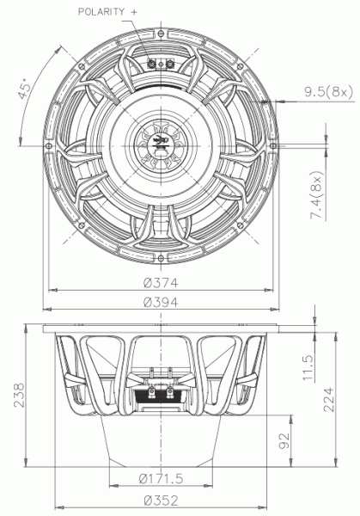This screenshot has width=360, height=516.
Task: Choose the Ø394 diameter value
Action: (159, 302)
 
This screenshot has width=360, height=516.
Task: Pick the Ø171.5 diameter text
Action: (161, 479)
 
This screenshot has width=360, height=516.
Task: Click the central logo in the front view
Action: (159, 144)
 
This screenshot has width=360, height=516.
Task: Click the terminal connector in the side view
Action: (159, 393)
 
